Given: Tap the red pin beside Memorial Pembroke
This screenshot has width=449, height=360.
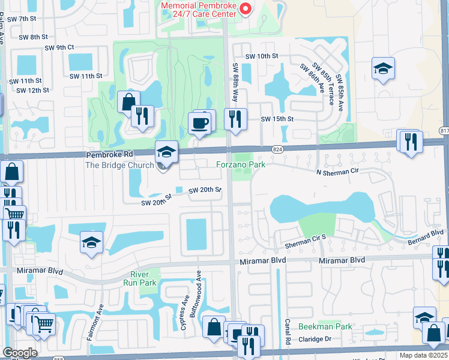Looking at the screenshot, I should (244, 8).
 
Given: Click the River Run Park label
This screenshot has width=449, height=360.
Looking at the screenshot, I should (139, 278).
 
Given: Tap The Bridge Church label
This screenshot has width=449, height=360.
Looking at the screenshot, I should (119, 166).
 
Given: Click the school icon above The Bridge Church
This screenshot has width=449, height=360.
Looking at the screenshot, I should (166, 152).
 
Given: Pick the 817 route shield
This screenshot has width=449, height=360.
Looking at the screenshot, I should (444, 131).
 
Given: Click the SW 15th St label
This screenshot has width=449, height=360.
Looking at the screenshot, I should (277, 119).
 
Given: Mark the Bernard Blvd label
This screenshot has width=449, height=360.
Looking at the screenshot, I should (429, 232).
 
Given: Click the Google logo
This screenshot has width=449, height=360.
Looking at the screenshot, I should (20, 353).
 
